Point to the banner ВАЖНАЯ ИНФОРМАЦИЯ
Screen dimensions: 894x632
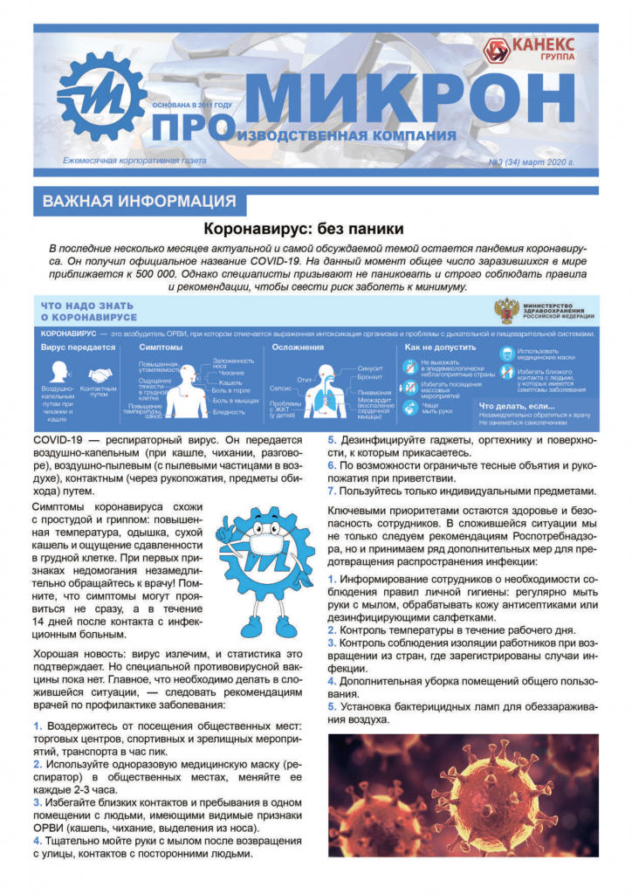tap(139, 202)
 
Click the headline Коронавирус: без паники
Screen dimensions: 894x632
tap(303, 230)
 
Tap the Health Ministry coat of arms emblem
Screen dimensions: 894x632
tap(505, 312)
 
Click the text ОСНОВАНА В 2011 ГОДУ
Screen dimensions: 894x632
tap(192, 105)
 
